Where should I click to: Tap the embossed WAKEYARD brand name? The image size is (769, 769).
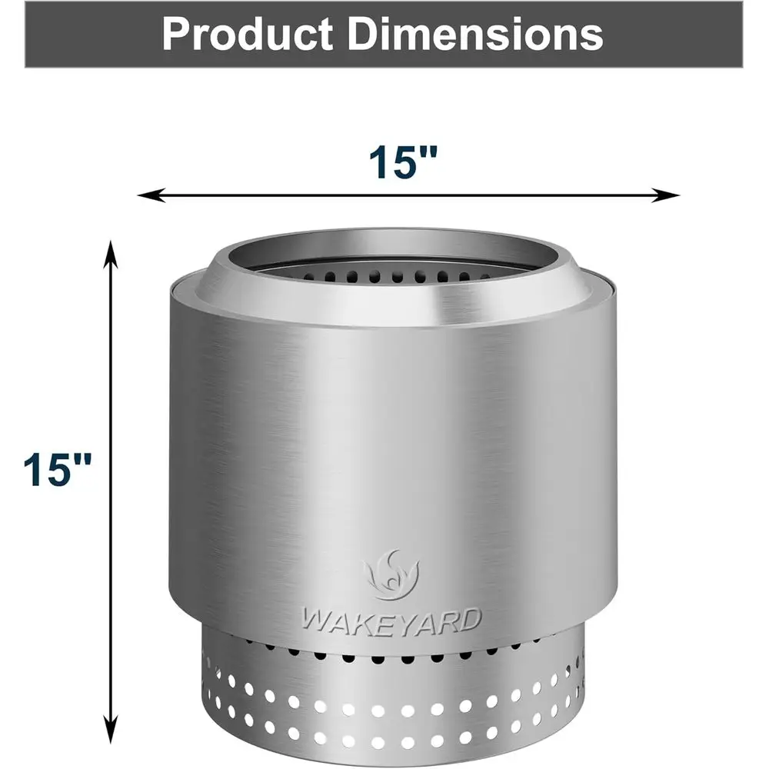pos(391,619)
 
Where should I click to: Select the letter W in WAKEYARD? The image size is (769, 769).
pos(314,620)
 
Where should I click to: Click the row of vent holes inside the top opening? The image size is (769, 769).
pos(392,275)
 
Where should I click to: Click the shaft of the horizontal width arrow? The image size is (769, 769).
pos(408,195)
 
